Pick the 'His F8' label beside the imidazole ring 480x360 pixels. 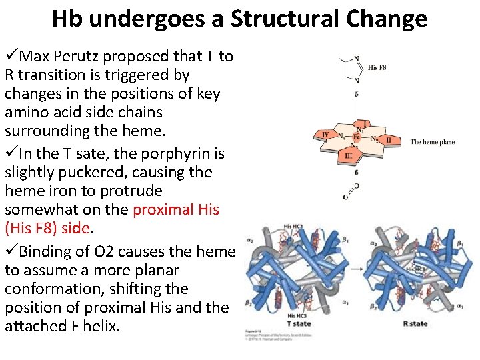pos(377,67)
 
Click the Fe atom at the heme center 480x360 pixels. pos(357,138)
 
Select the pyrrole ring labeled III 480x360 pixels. pos(347,155)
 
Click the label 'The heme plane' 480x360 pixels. pos(432,142)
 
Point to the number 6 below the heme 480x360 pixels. pos(357,172)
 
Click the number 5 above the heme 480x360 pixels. pos(357,94)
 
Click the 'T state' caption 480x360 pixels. pos(298,323)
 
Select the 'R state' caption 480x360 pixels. pos(415,323)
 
